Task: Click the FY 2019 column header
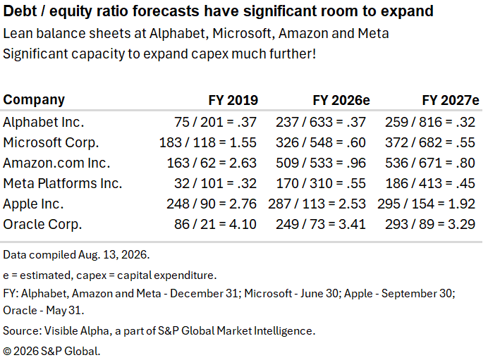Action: (x=233, y=101)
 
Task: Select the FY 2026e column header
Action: (x=341, y=101)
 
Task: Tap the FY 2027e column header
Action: (x=451, y=101)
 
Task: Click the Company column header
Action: (x=34, y=100)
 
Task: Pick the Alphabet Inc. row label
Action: (x=44, y=122)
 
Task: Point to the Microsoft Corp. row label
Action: (x=51, y=143)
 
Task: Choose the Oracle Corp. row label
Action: (x=42, y=225)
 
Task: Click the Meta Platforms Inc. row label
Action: (x=63, y=183)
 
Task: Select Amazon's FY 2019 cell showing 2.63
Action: (x=212, y=163)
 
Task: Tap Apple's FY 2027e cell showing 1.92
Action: (x=427, y=204)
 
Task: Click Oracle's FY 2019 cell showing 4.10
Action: (x=215, y=225)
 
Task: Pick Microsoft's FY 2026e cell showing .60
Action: (x=321, y=143)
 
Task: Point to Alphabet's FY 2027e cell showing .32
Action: (x=430, y=122)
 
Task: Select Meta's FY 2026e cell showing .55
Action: (x=321, y=183)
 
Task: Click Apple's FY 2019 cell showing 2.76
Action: (x=212, y=204)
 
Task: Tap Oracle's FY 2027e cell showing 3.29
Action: (x=430, y=225)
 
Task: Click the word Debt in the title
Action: (x=20, y=11)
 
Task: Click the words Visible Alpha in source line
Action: (x=77, y=331)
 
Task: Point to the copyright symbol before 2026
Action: (x=7, y=352)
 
